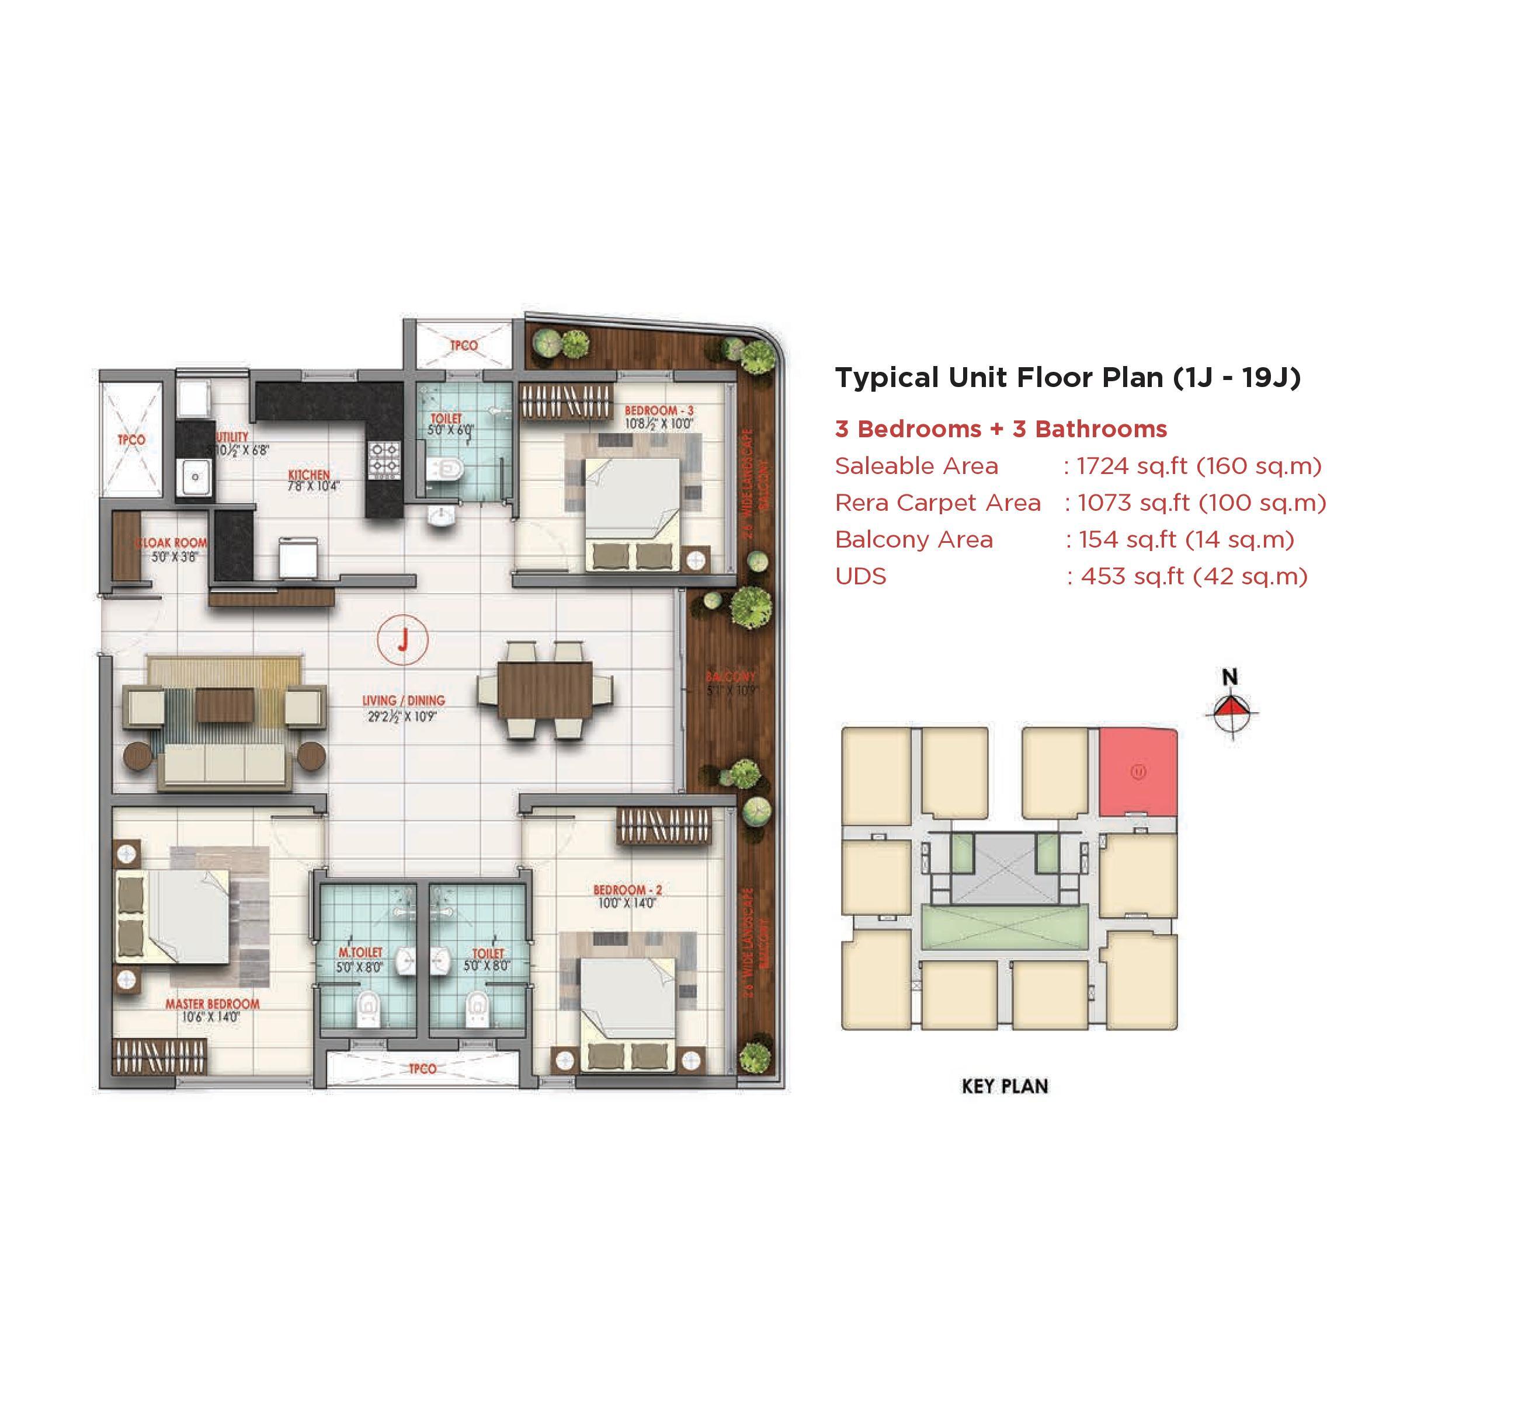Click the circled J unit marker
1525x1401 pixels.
pos(402,640)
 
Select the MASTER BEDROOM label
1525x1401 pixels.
pos(213,1003)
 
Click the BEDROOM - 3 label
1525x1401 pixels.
pos(658,410)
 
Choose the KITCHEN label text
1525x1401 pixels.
pos(310,475)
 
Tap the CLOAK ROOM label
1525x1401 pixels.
pos(173,543)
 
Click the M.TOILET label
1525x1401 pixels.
pos(360,952)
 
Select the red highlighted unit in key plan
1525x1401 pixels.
pos(1138,772)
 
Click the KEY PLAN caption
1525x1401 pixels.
pos(1004,1086)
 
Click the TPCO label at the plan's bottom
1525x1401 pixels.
pos(422,1068)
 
